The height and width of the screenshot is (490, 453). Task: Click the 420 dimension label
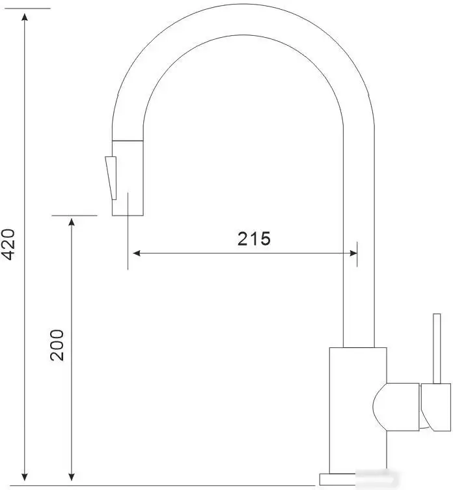[x=8, y=244]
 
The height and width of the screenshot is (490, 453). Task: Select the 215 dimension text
[x=253, y=239]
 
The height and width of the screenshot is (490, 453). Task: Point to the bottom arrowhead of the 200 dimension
[x=72, y=474]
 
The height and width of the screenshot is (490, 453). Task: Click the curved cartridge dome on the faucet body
[x=381, y=407]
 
